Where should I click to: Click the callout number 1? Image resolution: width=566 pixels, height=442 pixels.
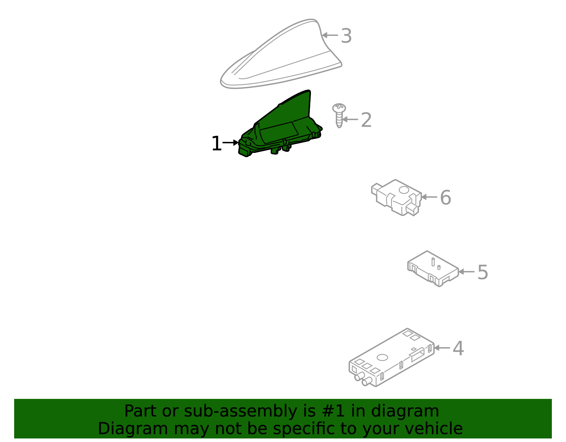[216, 144]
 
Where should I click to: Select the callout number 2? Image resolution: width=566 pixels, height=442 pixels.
[366, 120]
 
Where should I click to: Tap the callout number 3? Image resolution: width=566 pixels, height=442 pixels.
[346, 36]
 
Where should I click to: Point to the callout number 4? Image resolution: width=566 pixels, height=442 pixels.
[458, 349]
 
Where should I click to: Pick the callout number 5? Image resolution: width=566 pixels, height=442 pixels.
[483, 272]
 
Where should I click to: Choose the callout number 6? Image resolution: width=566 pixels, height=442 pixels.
[445, 197]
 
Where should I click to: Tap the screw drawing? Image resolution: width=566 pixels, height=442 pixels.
[339, 115]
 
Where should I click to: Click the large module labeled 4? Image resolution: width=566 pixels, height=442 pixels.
[391, 357]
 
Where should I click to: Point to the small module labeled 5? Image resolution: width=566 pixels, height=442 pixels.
[432, 269]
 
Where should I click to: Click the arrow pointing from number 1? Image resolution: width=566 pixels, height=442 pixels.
[231, 143]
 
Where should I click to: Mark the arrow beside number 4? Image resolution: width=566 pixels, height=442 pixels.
[442, 348]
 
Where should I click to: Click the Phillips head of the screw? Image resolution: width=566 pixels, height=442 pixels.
[339, 107]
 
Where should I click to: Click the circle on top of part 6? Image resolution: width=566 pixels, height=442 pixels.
[404, 190]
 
